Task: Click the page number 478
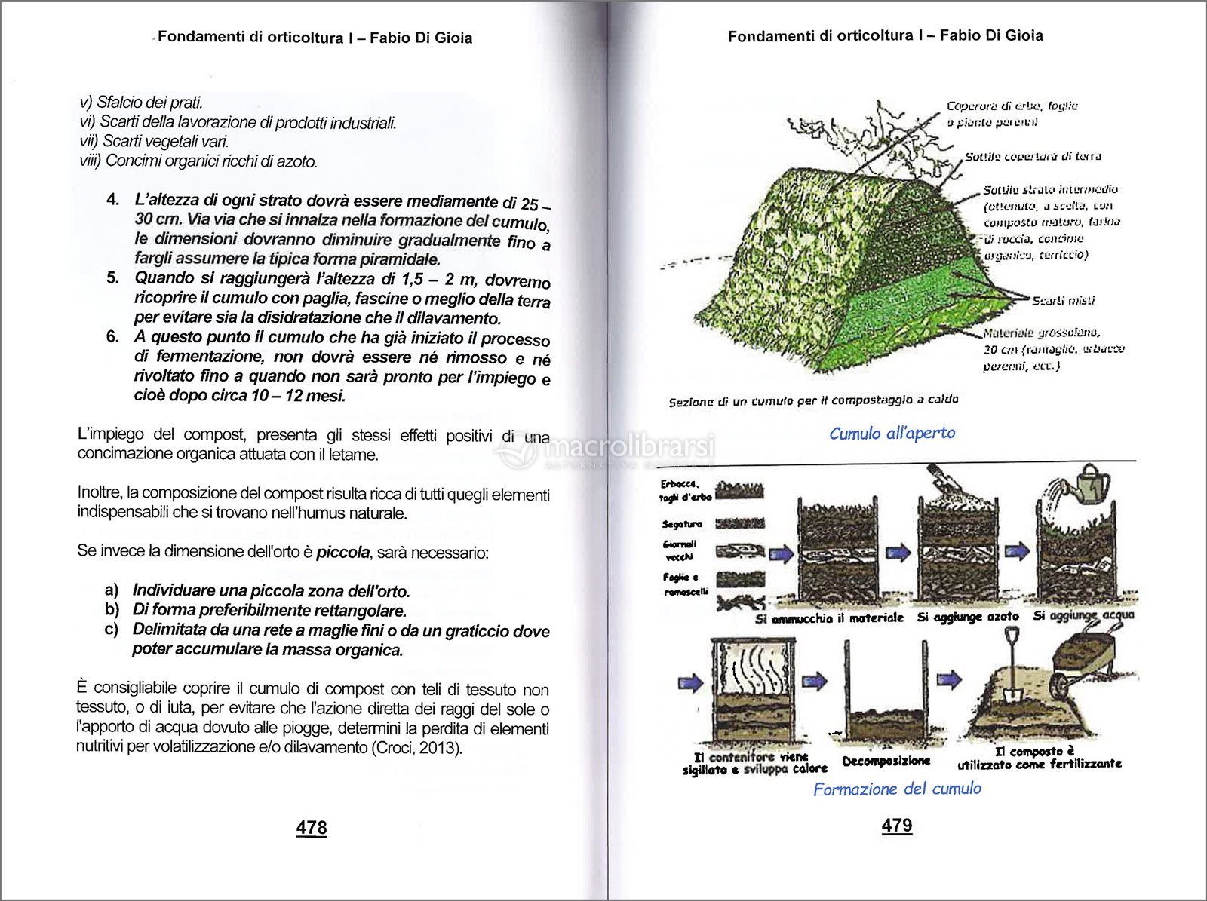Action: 312,827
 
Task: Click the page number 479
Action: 897,825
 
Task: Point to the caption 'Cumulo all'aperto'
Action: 892,433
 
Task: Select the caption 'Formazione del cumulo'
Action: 897,789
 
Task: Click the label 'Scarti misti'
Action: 1063,300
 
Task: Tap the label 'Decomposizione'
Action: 886,761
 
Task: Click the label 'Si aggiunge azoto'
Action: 967,617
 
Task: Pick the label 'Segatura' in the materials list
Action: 682,523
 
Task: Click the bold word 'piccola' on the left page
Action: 342,552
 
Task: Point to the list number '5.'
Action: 113,277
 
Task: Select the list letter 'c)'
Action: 112,629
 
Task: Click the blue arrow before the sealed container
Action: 690,683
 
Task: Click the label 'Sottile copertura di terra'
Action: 1033,157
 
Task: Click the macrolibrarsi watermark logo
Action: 603,451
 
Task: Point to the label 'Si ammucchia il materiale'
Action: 829,618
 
